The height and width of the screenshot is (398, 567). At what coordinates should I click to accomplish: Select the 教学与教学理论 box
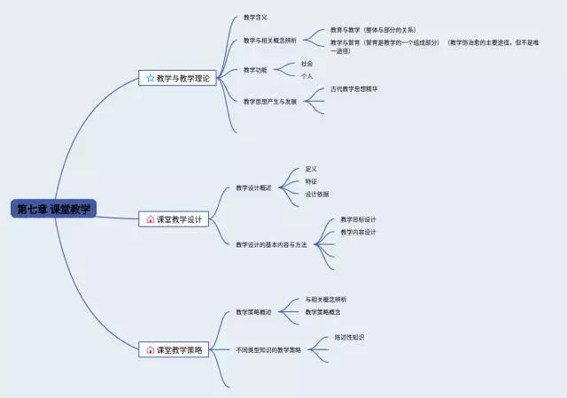pos(178,78)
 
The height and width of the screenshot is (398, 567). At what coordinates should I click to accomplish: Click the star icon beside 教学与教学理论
pos(150,79)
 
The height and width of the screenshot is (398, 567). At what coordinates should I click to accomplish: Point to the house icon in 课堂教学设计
pos(150,219)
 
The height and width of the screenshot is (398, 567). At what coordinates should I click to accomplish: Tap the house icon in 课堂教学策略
pos(150,350)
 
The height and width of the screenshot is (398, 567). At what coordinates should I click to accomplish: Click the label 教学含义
pos(255,17)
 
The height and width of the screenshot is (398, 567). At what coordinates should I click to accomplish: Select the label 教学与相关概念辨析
pos(269,41)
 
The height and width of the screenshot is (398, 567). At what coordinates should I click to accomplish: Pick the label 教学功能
pos(255,70)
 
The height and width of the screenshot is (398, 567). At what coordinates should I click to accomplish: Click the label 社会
pos(307,64)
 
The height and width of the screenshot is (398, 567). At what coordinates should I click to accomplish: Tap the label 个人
pos(307,77)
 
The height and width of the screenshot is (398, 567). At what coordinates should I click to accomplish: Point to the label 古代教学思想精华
pos(353,88)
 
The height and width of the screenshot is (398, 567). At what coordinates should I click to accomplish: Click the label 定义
pos(310,169)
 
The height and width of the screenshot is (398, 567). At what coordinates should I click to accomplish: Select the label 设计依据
pos(316,194)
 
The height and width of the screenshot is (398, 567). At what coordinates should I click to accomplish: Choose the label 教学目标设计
pos(358,219)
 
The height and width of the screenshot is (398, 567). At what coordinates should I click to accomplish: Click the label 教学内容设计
pos(358,233)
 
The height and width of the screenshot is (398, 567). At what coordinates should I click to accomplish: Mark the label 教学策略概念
pos(322,311)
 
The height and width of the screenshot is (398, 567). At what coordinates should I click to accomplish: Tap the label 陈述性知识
pos(349,337)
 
